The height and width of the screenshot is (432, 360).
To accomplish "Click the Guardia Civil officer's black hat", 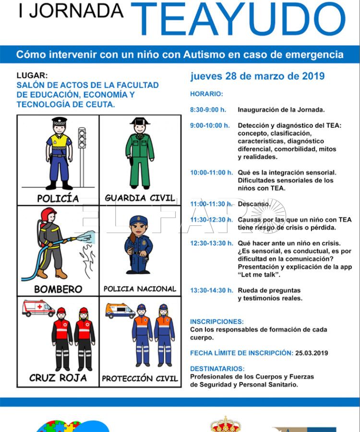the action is coord(140,121).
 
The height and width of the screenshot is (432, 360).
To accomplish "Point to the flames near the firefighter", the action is coord(87,260).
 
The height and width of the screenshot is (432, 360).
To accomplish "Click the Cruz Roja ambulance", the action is coord(38,308).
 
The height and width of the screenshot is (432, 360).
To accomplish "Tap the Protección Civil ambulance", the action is coord(120,311).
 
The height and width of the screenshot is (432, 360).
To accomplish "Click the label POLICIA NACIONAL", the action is coord(140,289).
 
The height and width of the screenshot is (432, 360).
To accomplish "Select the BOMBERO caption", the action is coord(58,289).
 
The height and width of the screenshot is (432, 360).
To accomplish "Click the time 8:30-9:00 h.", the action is coord(208,110).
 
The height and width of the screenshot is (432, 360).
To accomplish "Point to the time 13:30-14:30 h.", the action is coord(212,290).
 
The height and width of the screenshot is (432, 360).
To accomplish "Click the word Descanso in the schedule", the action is coord(254,204).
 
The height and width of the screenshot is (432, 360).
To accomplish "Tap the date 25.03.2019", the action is coord(312,353).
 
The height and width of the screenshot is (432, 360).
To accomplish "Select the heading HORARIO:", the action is coord(206,94).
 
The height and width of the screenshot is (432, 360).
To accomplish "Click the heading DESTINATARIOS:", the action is coord(217,369).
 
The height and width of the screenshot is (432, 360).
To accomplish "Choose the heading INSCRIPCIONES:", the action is coord(217,322).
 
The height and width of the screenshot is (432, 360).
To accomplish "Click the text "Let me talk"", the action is coord(259,275).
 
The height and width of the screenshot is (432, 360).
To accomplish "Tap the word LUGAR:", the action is coord(32,75).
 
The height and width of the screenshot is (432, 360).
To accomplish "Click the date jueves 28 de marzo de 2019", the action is coord(257,76).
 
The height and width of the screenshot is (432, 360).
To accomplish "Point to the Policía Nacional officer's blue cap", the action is coord(139,220).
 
